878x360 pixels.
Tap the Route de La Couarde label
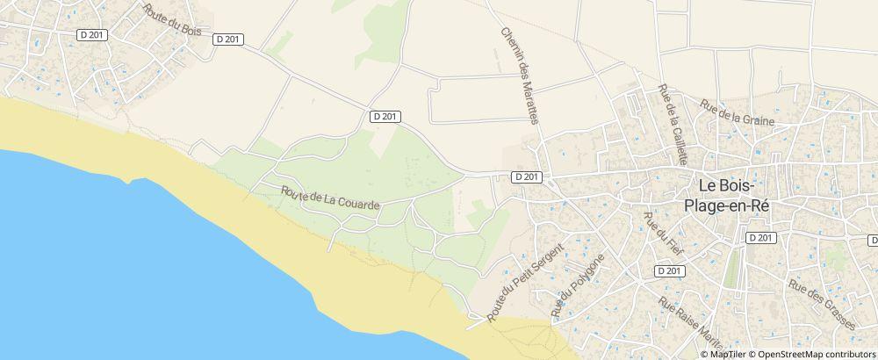(x=330, y=198)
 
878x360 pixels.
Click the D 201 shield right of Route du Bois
(x=227, y=40)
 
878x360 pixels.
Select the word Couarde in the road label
(x=360, y=204)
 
